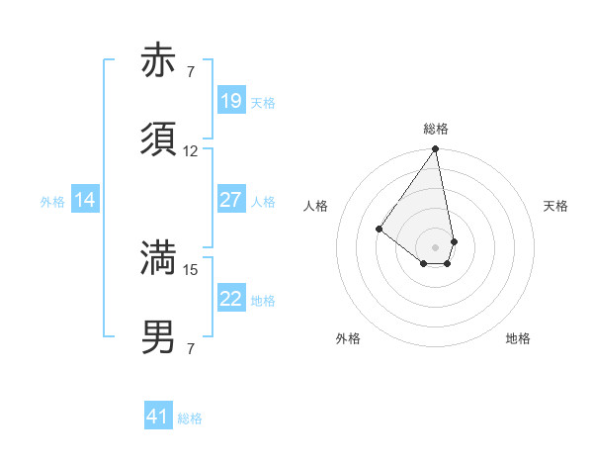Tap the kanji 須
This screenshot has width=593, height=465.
(x=159, y=139)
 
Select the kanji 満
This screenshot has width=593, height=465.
(x=159, y=258)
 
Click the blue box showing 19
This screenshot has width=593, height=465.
(x=231, y=101)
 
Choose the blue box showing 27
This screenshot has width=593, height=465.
(x=231, y=200)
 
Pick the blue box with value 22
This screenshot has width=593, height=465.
(x=231, y=299)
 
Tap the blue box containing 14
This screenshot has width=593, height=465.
(x=85, y=200)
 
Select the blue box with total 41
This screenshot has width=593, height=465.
(x=158, y=417)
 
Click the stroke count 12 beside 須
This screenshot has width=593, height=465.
(x=191, y=151)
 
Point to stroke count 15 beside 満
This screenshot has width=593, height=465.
(x=191, y=269)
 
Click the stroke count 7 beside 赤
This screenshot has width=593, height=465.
(x=191, y=71)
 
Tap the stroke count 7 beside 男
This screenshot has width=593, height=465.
(x=191, y=348)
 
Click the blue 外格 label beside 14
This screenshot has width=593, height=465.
(x=52, y=202)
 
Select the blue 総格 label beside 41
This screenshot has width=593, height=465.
(x=190, y=418)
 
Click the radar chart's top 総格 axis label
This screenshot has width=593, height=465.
(x=436, y=129)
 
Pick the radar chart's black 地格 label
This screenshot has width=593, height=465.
(x=518, y=338)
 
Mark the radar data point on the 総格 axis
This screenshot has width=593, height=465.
(x=435, y=150)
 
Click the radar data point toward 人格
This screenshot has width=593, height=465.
(x=379, y=229)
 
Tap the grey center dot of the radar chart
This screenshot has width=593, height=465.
(x=435, y=246)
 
